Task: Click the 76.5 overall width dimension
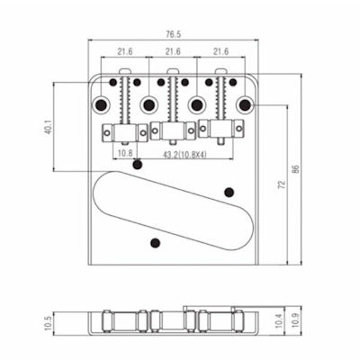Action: (x=174, y=34)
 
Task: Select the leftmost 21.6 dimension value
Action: (x=125, y=51)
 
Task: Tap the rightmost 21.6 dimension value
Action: (x=220, y=51)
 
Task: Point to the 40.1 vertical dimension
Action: (x=49, y=127)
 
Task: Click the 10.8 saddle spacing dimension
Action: (x=125, y=154)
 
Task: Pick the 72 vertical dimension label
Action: (x=282, y=184)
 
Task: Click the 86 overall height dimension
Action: (x=296, y=170)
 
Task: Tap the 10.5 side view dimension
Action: (x=48, y=323)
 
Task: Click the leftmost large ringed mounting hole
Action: (x=101, y=104)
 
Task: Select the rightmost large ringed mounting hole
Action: (x=245, y=104)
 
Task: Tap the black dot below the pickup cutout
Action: (x=155, y=243)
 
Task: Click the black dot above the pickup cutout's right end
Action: (x=229, y=192)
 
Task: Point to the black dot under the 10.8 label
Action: (x=138, y=165)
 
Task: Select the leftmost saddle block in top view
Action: (x=125, y=132)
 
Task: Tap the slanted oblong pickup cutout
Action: (x=173, y=211)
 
